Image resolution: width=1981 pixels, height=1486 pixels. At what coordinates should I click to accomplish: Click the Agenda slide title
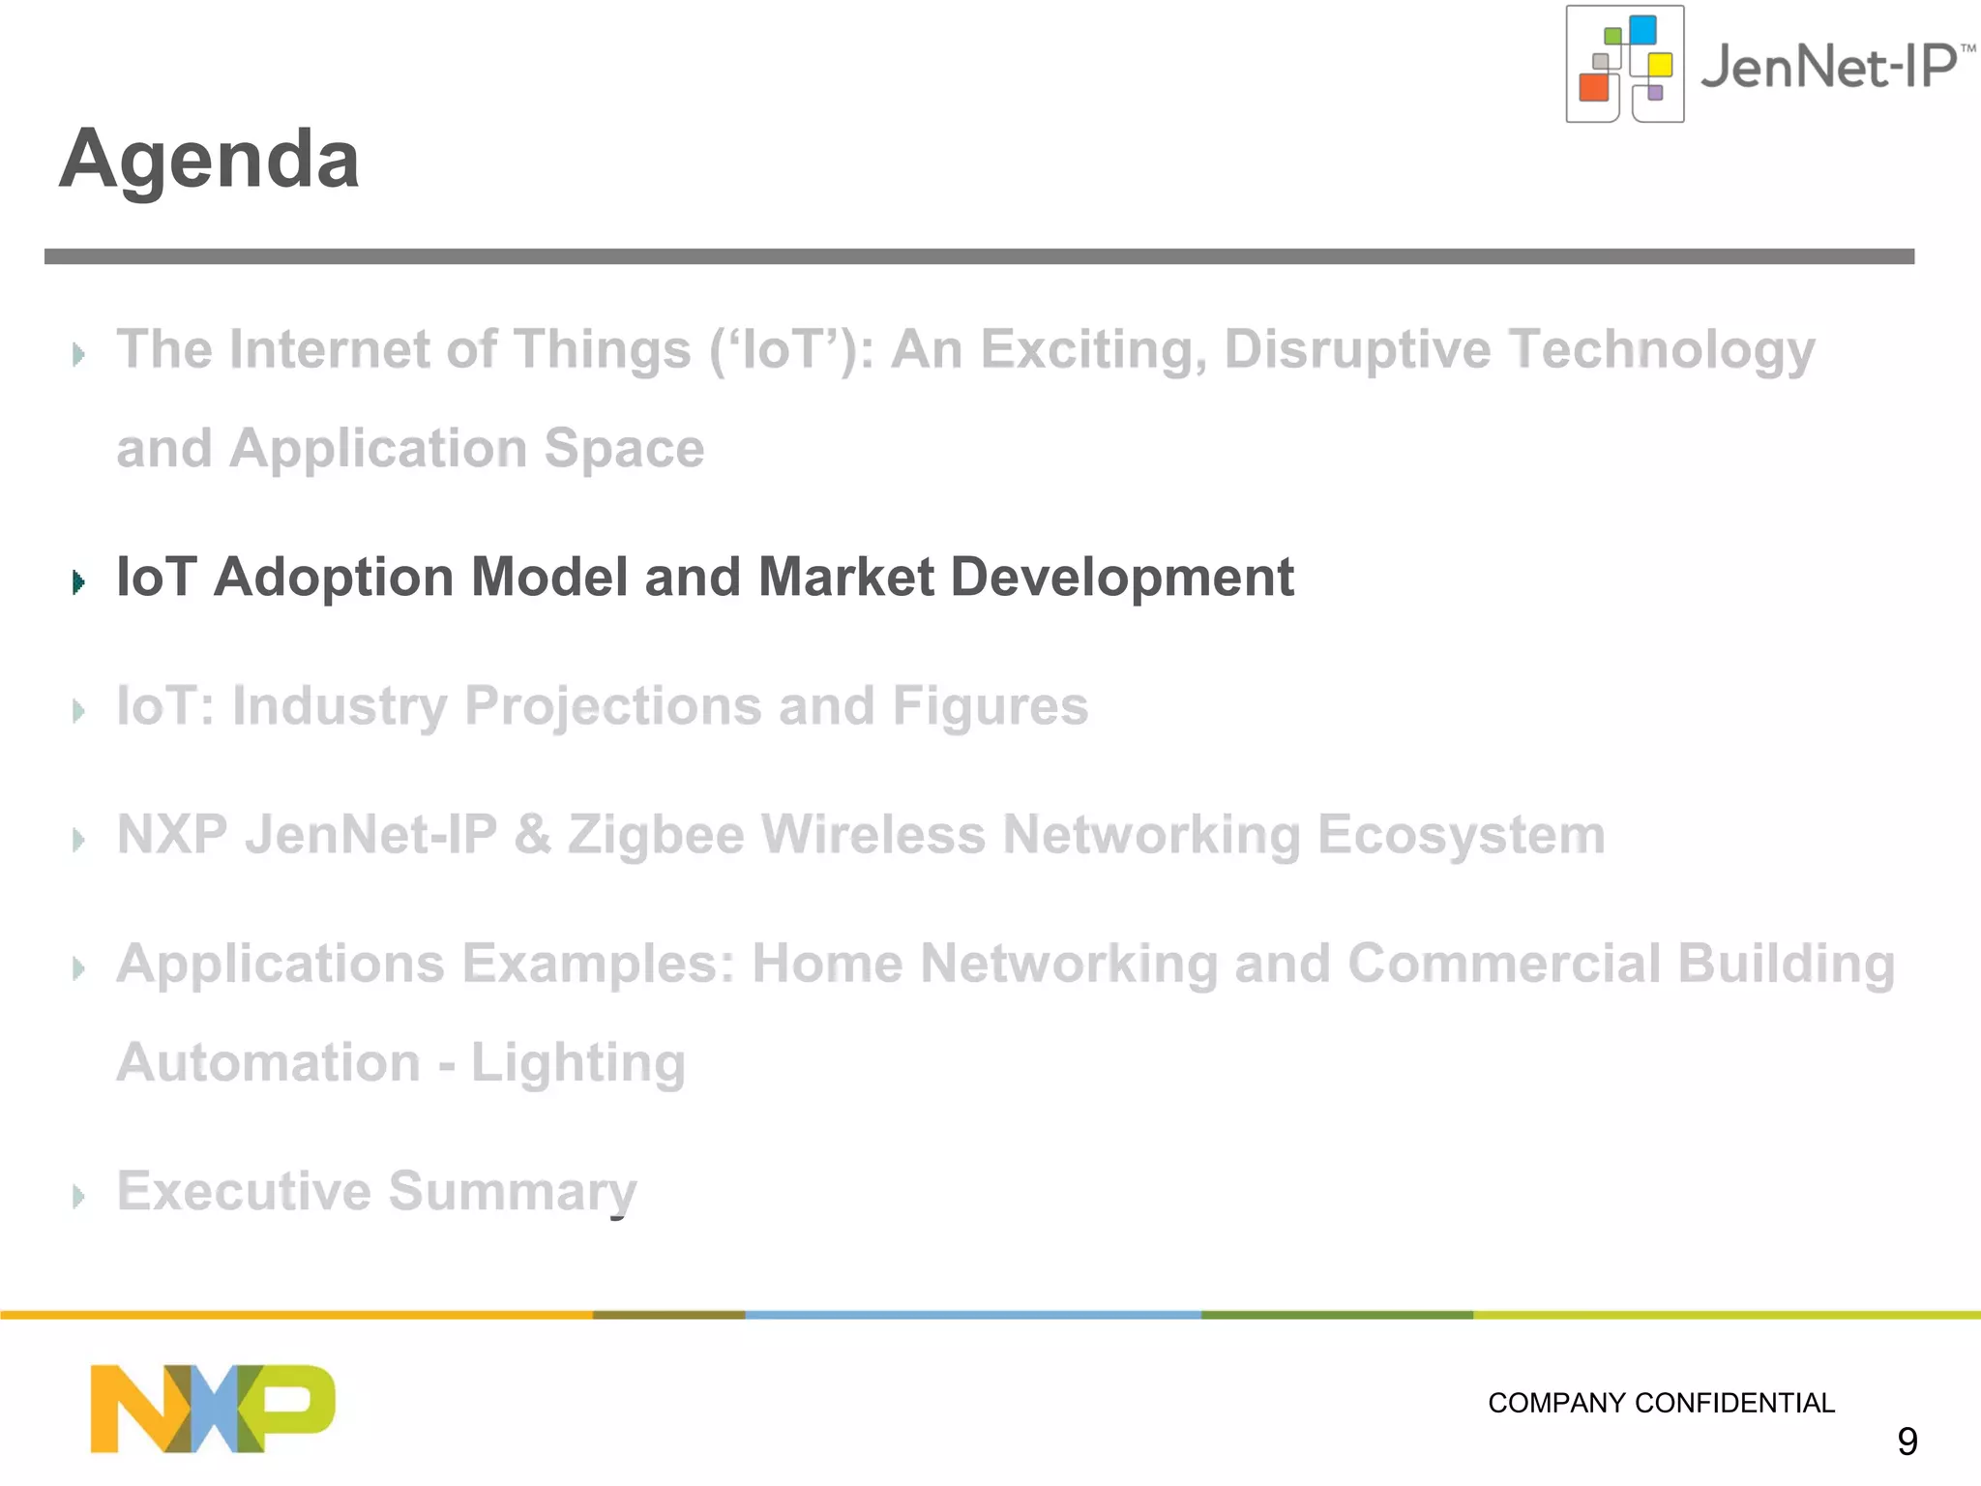209,159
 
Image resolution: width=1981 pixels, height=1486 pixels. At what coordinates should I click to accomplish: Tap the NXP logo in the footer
213,1408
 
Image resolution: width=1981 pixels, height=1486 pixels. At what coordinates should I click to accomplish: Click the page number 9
1907,1441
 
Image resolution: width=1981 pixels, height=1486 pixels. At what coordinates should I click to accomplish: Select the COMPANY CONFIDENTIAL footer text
1660,1403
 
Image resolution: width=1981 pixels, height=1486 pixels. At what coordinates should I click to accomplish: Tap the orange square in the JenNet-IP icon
1593,87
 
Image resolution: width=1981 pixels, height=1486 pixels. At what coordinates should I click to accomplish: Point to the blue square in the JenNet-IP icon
1642,30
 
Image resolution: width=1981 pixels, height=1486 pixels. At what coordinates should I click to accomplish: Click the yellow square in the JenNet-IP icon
1660,65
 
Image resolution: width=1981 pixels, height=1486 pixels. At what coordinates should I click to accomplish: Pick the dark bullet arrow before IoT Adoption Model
79,581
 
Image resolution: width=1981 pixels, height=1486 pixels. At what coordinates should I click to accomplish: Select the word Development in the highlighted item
1122,578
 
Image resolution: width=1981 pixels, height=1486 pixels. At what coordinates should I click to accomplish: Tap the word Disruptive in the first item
1356,349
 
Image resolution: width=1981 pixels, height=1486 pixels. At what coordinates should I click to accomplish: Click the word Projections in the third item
613,706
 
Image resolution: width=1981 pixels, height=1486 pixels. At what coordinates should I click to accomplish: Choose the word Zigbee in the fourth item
656,835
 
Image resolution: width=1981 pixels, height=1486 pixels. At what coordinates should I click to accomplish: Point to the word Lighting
577,1063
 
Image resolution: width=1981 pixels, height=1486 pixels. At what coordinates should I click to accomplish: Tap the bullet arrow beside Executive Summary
79,1197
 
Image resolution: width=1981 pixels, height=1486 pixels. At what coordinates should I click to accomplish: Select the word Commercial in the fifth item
1503,964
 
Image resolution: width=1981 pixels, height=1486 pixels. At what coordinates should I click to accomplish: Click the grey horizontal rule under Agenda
979,256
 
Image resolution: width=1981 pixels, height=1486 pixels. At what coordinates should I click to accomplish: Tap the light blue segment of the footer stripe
972,1315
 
